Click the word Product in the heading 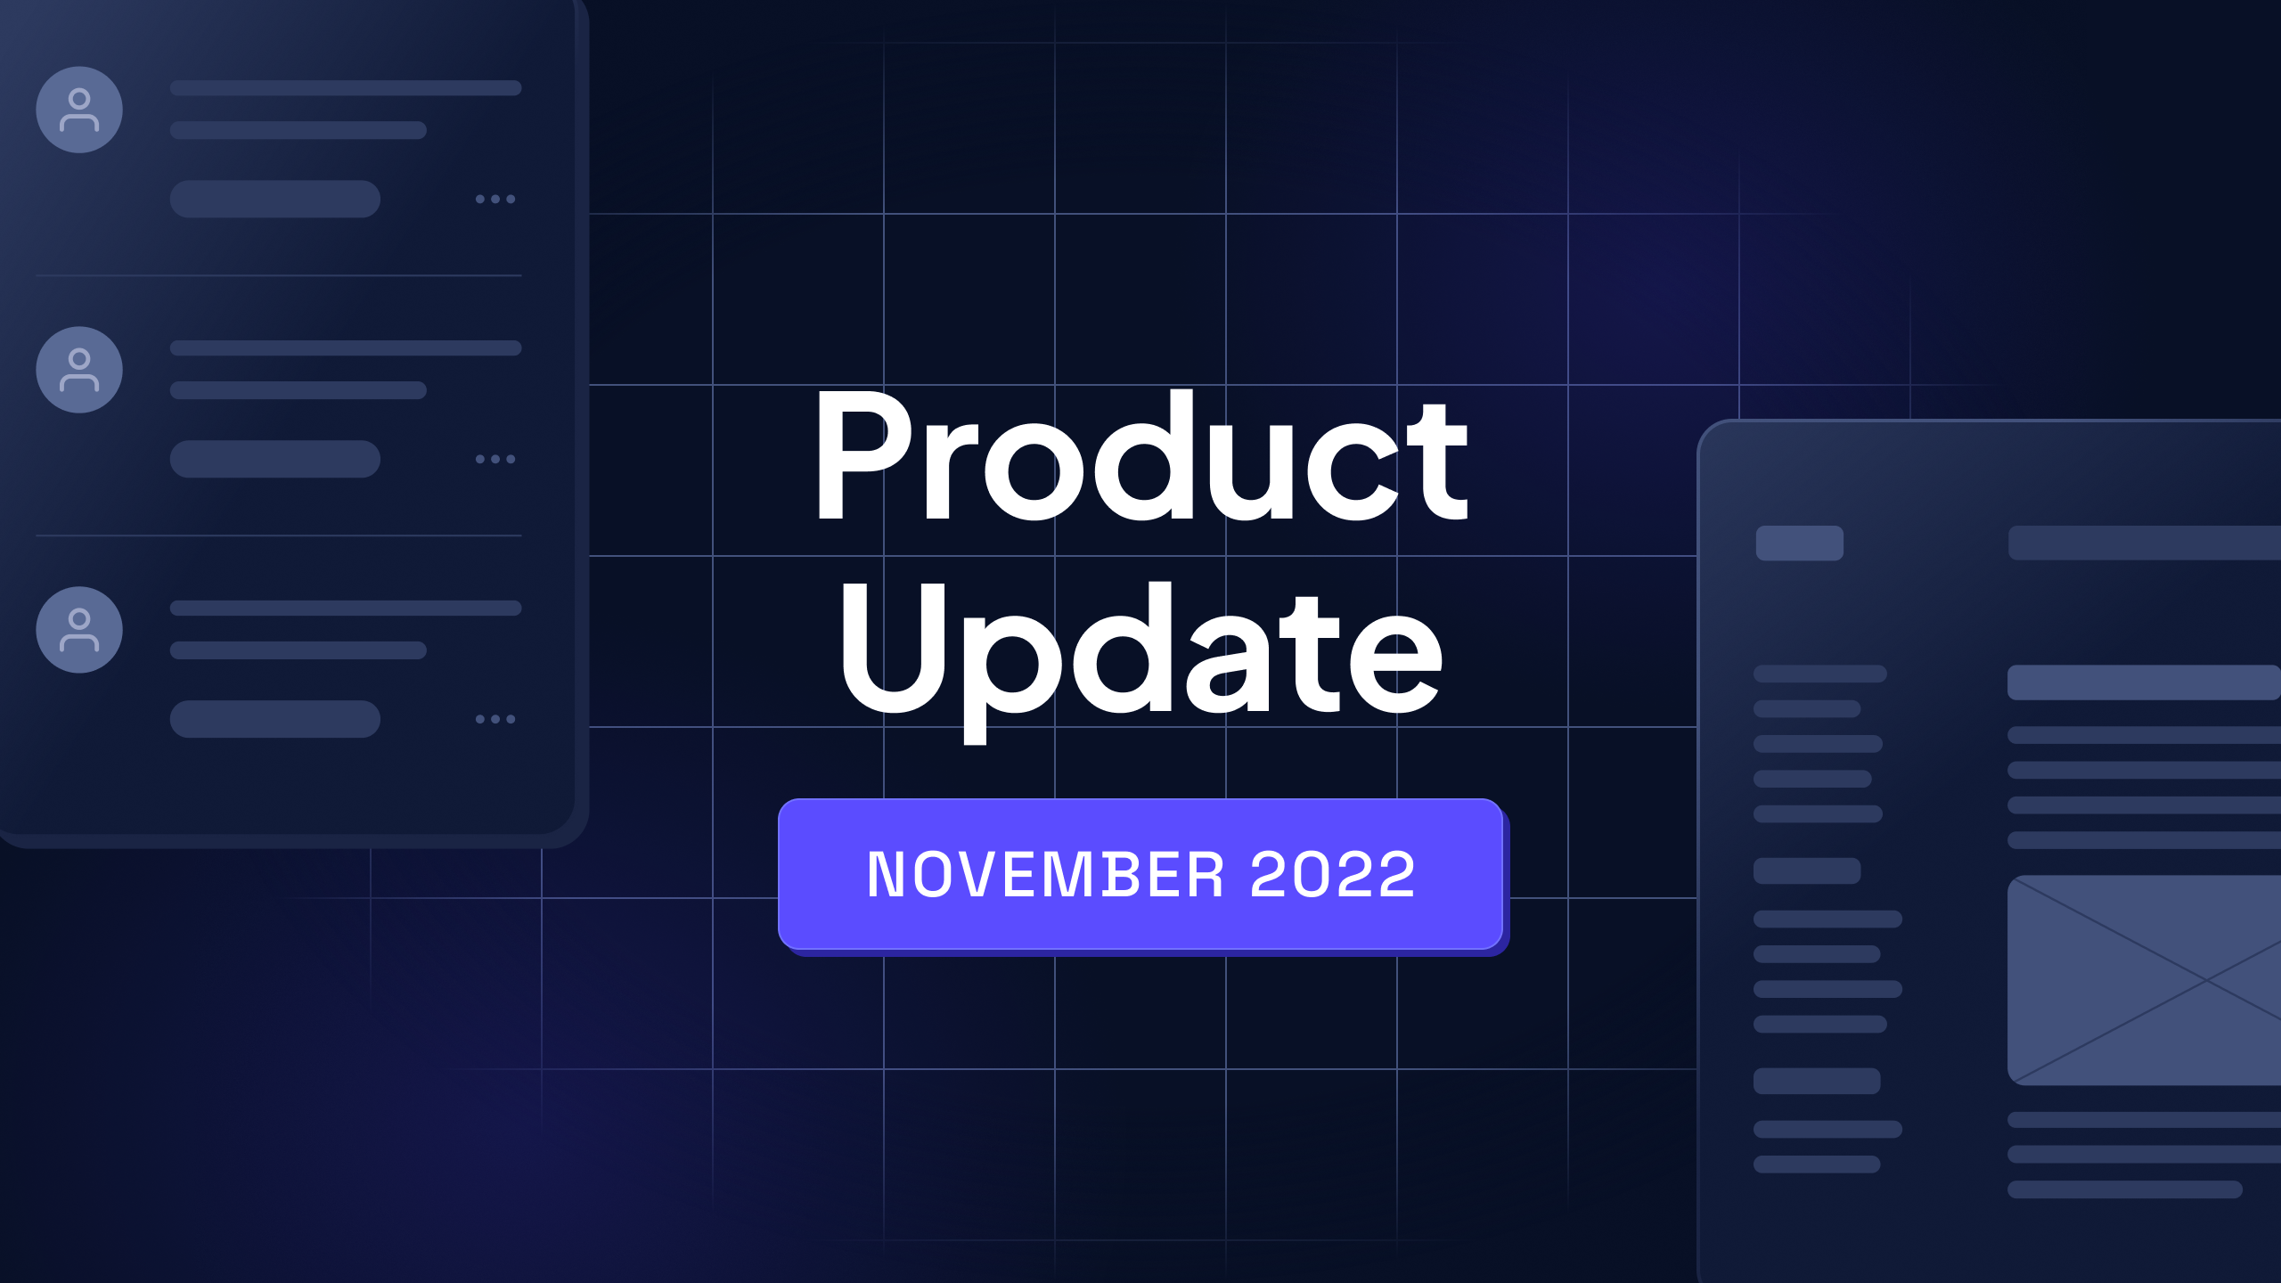[x=1140, y=456]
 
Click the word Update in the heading [x=1140, y=650]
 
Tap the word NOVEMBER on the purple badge [x=1044, y=874]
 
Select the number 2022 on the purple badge [x=1333, y=874]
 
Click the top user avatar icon [x=79, y=110]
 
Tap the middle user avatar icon [x=79, y=370]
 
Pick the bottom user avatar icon [x=79, y=630]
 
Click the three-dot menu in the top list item [x=495, y=199]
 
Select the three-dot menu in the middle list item [x=495, y=459]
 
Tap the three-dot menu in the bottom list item [x=495, y=719]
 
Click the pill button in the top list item [x=275, y=199]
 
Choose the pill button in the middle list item [x=275, y=459]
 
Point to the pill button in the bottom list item [x=275, y=719]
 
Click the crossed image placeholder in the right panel [x=2144, y=980]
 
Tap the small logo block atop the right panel [x=1799, y=543]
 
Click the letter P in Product [x=855, y=456]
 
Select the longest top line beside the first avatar [x=346, y=88]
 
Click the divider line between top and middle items [x=279, y=275]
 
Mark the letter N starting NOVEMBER [x=887, y=874]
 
